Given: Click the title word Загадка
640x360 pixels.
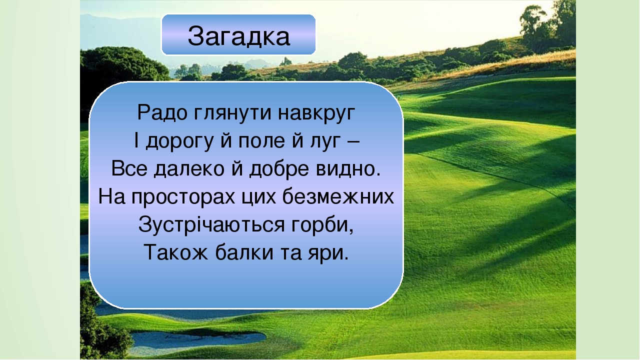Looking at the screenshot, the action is click(x=239, y=36).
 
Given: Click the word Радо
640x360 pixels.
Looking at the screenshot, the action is click(x=162, y=112).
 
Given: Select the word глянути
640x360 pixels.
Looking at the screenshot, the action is click(x=232, y=113).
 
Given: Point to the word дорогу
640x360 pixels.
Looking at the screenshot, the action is click(x=179, y=141).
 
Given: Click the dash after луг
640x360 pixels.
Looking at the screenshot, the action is click(x=354, y=141).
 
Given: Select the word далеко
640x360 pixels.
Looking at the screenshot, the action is click(x=189, y=169).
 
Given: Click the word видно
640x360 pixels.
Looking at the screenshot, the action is click(x=348, y=169).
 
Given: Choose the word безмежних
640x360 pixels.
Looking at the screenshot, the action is click(x=338, y=196).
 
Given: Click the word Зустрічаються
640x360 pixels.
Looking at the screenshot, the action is click(x=211, y=224).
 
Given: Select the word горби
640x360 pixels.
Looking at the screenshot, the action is click(x=322, y=225).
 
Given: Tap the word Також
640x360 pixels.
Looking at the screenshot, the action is click(x=175, y=252).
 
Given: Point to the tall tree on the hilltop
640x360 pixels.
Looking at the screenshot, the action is click(x=533, y=27).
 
